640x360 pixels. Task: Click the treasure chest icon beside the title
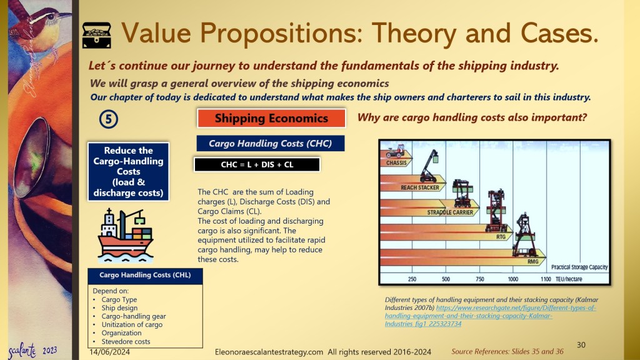pos(97,35)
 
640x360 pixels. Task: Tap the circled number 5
pos(109,119)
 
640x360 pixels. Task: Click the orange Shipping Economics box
pos(271,118)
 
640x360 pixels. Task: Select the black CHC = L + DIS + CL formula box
pos(257,164)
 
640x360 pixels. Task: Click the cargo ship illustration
pos(125,236)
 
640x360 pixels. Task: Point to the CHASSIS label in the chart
pos(396,163)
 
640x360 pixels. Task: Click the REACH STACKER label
pos(420,187)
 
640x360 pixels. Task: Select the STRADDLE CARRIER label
pos(450,212)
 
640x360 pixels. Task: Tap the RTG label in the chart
pos(501,237)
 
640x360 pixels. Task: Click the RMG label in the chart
pos(532,262)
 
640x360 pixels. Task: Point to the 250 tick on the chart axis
pos(412,279)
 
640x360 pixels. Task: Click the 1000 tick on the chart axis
pos(513,279)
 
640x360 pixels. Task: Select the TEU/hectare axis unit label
pos(569,279)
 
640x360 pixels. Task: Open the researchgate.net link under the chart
pos(490,316)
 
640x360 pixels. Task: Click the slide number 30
pos(581,345)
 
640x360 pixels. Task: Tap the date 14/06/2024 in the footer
pos(110,352)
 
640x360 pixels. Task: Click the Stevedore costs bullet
pos(126,342)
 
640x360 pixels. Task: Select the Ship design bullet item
pos(119,308)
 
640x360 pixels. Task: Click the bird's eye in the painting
pos(51,17)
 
